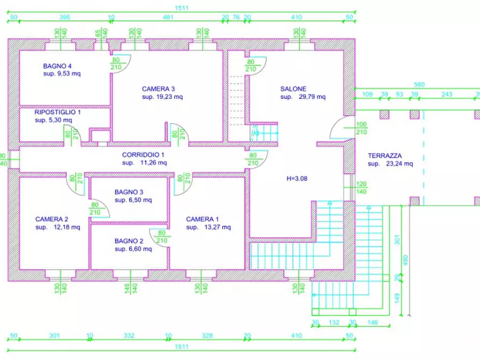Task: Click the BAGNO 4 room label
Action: [58, 67]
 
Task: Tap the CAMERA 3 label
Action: [159, 89]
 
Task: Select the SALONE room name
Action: [293, 89]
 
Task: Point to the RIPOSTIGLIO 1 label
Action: [58, 113]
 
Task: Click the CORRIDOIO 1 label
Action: [144, 154]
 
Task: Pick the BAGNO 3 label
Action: [129, 192]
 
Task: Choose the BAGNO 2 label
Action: [129, 241]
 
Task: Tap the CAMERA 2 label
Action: [52, 219]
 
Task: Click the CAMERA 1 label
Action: [202, 219]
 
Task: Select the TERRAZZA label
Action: [384, 156]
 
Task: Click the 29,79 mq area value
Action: [311, 97]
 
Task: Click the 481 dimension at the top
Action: [168, 17]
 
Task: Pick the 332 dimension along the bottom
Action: [128, 336]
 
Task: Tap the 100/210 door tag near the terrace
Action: [361, 128]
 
